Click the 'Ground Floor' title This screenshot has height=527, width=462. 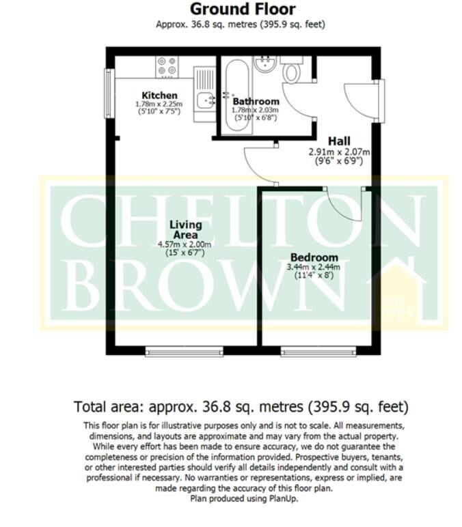click(x=243, y=10)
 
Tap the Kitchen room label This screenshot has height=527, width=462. click(x=159, y=95)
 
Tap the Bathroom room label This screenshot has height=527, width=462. click(x=256, y=102)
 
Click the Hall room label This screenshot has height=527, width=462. click(x=339, y=141)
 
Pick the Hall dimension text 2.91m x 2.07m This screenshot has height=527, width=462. click(x=339, y=152)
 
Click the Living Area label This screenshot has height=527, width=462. click(x=185, y=230)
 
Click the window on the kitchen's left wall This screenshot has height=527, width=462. click(x=108, y=93)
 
